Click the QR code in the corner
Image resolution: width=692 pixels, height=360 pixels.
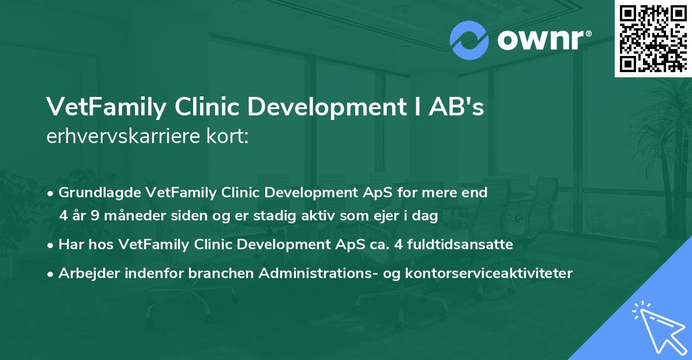tap(653, 38)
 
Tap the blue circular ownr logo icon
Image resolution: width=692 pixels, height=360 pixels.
tap(469, 40)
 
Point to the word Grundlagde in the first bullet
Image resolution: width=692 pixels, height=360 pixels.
tap(94, 193)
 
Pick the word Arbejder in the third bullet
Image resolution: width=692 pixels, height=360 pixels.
tap(84, 273)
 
